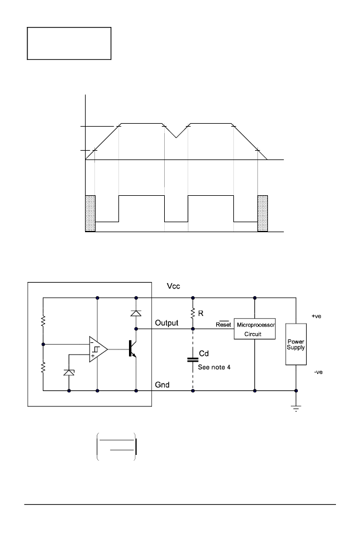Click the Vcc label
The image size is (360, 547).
click(174, 286)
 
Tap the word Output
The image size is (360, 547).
click(167, 323)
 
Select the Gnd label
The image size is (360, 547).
click(162, 385)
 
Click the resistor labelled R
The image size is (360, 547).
click(193, 313)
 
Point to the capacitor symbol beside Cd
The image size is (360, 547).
click(193, 359)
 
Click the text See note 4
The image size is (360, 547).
click(214, 367)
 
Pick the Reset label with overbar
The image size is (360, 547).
click(223, 324)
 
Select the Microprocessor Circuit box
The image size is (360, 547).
click(254, 329)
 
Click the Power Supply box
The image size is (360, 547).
click(296, 344)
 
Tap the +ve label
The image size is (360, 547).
click(317, 316)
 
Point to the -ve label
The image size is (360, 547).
click(318, 372)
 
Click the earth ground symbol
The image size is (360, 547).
click(296, 408)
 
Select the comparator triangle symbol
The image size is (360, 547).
click(98, 349)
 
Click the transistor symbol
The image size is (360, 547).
click(132, 348)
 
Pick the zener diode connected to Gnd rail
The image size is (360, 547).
click(69, 372)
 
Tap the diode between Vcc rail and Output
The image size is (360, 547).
click(136, 313)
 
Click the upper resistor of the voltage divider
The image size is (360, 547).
click(43, 321)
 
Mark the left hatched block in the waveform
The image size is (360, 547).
click(90, 213)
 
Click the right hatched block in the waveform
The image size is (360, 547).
click(263, 213)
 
